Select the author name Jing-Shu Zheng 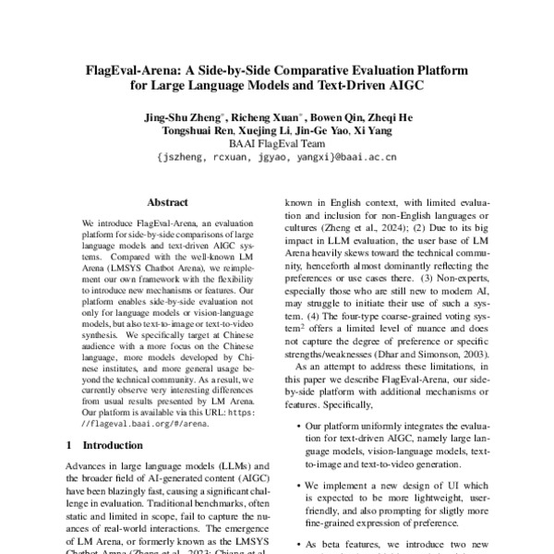click(181, 117)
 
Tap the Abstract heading click(167, 202)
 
